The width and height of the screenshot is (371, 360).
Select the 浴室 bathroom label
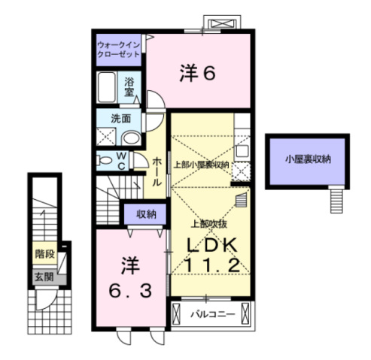point(129,86)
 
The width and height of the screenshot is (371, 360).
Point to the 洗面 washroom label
point(121,118)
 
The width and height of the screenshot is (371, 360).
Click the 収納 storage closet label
point(147,214)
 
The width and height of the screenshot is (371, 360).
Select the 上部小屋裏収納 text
point(201,165)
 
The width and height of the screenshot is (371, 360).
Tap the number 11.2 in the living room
point(213,265)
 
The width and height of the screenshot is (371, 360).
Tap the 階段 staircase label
point(45,254)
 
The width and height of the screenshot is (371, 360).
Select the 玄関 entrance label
point(44,277)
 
